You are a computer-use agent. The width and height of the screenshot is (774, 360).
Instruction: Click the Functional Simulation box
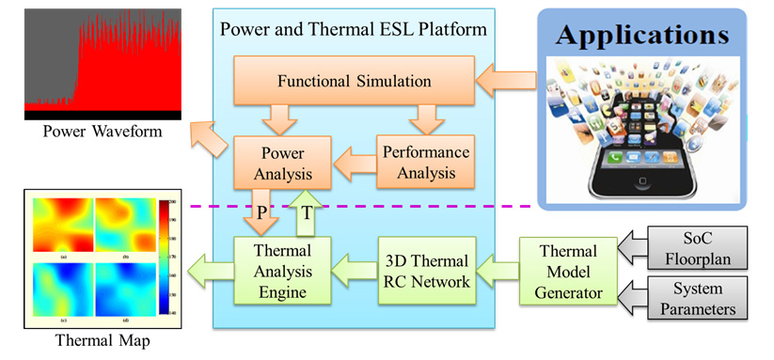pos(355,81)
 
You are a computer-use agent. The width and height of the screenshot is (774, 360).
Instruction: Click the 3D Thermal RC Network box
pos(424,268)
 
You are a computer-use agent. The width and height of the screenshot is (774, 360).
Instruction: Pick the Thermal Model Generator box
pos(569,268)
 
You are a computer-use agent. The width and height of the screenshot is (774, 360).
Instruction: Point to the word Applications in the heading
pos(642,35)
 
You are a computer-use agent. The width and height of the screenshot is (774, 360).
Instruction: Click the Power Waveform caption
pos(89,131)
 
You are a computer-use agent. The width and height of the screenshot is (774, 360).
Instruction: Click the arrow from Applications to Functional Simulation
pos(504,81)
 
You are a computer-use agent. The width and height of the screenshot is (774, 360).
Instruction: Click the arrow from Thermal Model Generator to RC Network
pos(498,268)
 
